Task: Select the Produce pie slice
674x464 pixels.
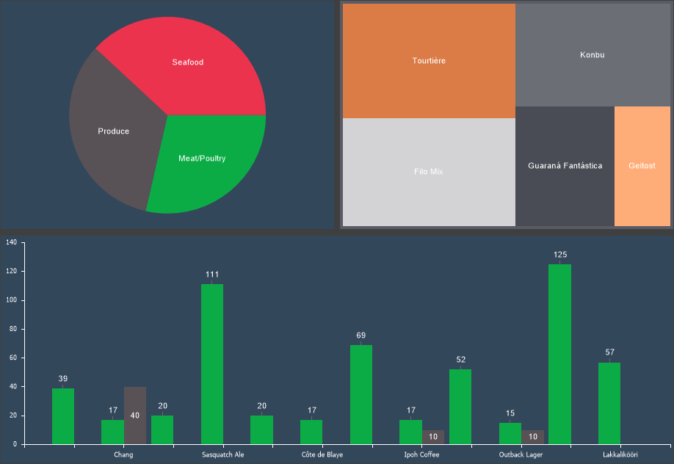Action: (x=113, y=131)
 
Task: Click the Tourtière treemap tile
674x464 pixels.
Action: (x=429, y=60)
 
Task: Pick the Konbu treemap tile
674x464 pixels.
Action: (x=592, y=55)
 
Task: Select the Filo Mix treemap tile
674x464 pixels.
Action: (x=429, y=172)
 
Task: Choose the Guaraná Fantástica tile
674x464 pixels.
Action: (x=565, y=166)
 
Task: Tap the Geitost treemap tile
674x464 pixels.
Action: (x=642, y=166)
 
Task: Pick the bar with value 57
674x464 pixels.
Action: (x=609, y=403)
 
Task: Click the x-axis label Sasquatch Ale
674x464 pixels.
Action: (x=223, y=455)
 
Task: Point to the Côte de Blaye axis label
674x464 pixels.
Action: (x=322, y=455)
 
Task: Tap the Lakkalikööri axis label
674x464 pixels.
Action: (x=620, y=455)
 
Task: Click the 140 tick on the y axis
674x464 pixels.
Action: (x=11, y=242)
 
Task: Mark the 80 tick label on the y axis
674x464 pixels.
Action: (x=12, y=329)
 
